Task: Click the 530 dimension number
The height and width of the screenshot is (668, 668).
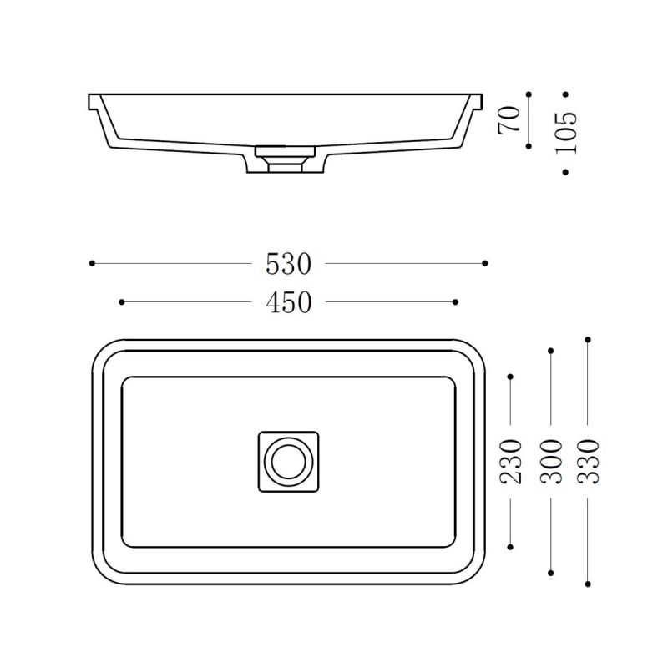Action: pos(288,264)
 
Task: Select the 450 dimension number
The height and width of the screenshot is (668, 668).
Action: pos(288,302)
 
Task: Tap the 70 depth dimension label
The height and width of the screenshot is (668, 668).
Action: pos(509,119)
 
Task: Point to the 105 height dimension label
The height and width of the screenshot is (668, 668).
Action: pos(567,133)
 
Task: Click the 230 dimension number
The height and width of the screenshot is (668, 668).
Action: pos(510,462)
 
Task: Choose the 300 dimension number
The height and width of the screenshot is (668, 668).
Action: pos(551,462)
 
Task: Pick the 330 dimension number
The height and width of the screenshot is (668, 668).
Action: pos(588,462)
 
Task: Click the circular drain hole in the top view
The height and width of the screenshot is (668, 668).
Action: pos(288,462)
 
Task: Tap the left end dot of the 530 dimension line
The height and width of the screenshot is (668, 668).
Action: pos(92,263)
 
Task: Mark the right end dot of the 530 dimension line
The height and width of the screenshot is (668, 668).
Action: pos(485,263)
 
